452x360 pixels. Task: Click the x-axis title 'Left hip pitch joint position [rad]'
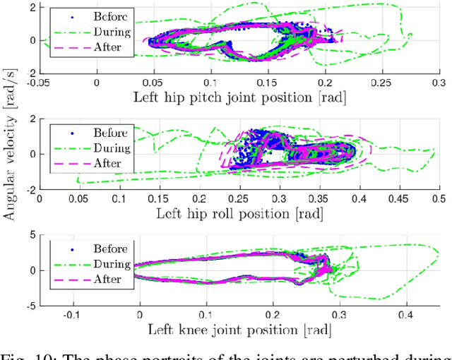239,97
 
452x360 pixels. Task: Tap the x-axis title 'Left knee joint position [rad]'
239,329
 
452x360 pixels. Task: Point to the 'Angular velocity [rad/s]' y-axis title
10,164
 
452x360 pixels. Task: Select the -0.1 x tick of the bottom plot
71,314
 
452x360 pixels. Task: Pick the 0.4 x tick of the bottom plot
406,314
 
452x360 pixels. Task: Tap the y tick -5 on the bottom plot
30,306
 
